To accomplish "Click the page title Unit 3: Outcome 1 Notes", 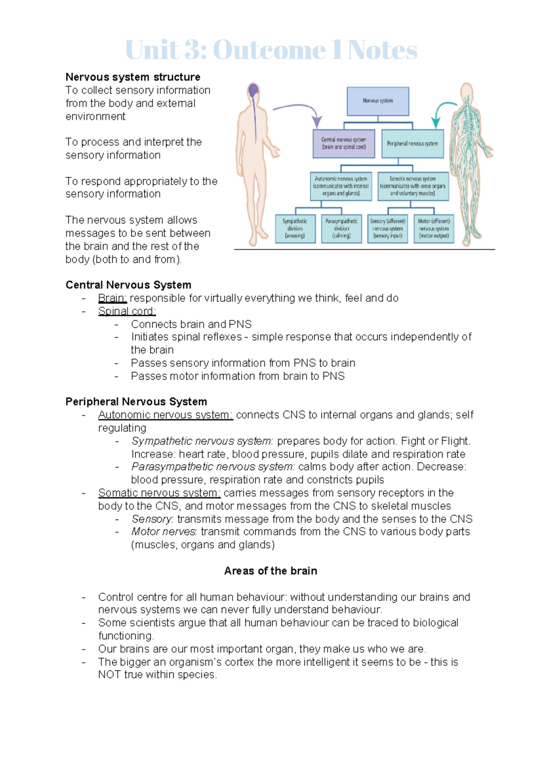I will click(271, 50).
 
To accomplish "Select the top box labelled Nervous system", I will click(378, 101).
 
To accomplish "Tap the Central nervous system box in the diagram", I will click(344, 143).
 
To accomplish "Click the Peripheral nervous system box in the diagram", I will click(412, 143).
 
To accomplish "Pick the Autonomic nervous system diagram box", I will click(341, 186).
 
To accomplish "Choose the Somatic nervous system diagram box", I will click(413, 186).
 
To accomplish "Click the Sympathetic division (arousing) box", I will click(295, 229).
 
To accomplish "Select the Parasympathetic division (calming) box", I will click(341, 229).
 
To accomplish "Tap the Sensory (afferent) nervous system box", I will click(388, 229).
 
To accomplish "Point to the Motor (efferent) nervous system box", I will click(433, 229).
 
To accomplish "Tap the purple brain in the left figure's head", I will click(253, 90).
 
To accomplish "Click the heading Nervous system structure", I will click(133, 77).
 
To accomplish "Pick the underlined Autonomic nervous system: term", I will click(165, 415).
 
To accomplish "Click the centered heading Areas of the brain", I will click(271, 571).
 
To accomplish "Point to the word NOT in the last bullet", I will click(109, 675).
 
